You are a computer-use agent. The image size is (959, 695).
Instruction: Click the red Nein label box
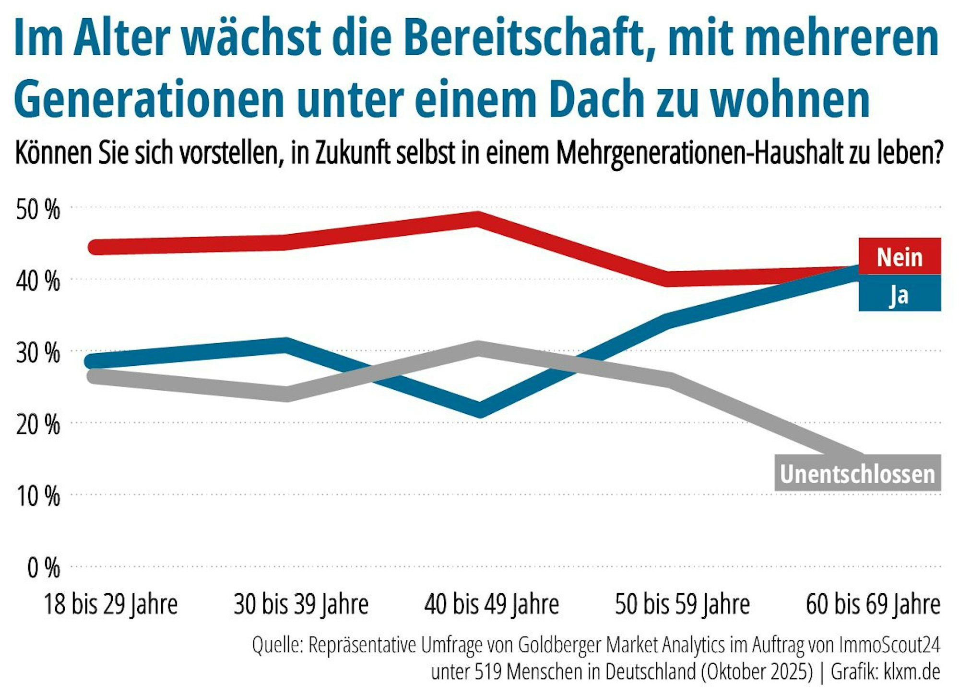899,257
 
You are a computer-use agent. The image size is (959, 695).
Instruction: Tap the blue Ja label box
899,294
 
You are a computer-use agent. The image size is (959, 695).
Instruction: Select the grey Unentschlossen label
857,473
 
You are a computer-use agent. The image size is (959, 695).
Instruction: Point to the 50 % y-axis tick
38,209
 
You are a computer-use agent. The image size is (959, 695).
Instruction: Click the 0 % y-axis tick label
43,568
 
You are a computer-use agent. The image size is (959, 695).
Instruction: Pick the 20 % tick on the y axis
38,425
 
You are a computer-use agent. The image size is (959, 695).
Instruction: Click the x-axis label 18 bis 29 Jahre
110,604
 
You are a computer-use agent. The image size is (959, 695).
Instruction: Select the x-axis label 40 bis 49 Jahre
491,604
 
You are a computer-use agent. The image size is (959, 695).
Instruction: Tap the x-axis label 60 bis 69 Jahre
872,604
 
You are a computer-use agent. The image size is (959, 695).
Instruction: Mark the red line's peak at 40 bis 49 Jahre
478,218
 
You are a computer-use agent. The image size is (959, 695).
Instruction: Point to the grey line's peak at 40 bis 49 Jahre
478,348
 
